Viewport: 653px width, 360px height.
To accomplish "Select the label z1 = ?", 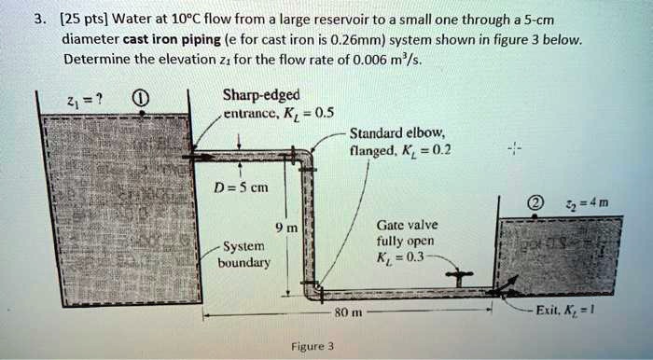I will coord(61,95).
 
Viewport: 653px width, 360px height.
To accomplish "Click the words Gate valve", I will coord(402,226).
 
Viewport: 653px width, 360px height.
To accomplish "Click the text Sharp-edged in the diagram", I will coord(261,95).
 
